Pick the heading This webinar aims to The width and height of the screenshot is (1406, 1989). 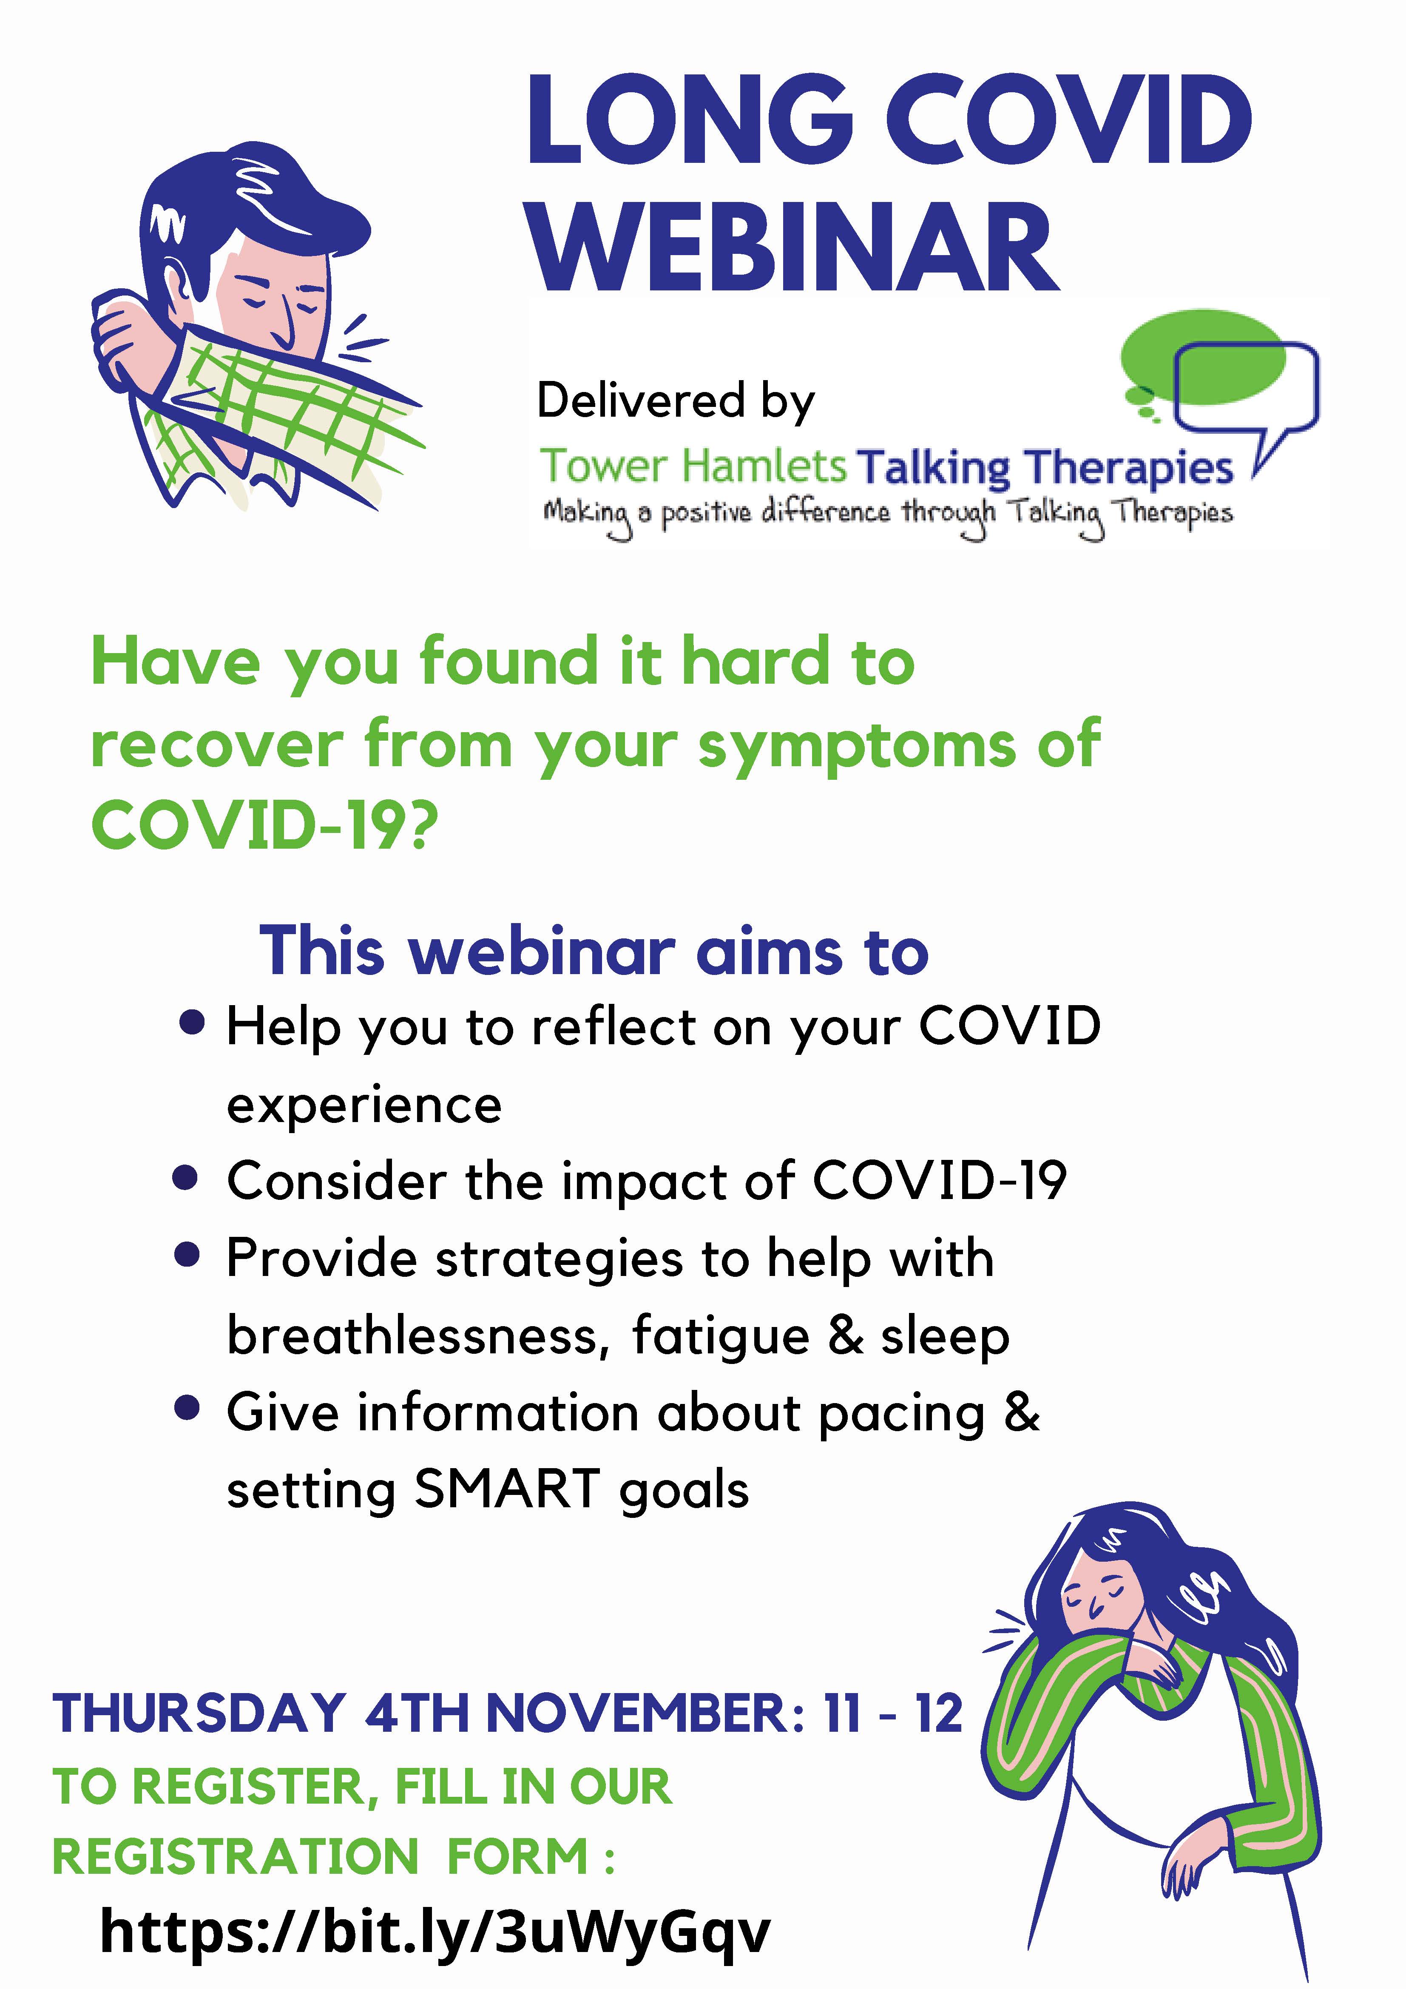click(594, 951)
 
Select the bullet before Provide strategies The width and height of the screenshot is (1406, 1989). click(187, 1255)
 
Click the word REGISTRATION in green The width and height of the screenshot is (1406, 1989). click(236, 1856)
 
